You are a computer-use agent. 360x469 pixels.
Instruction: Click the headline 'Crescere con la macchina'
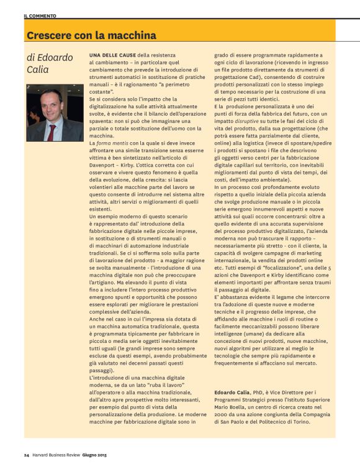[91, 35]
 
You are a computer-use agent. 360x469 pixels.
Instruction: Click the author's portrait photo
[55, 112]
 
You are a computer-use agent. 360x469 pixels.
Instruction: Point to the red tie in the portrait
[52, 132]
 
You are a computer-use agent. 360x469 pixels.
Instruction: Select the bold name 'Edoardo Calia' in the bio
[233, 392]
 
